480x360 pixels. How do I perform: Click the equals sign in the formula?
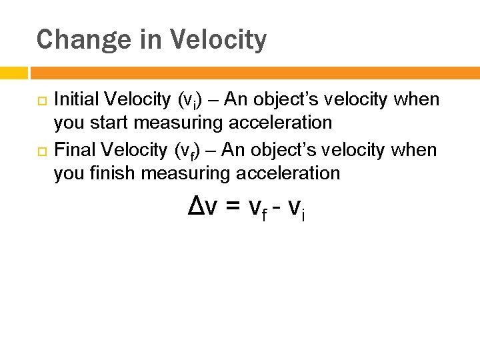click(232, 209)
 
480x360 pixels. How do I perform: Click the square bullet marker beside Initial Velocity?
click(41, 101)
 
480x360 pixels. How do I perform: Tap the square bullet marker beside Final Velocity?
click(41, 151)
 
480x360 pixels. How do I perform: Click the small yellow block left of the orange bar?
click(13, 73)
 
